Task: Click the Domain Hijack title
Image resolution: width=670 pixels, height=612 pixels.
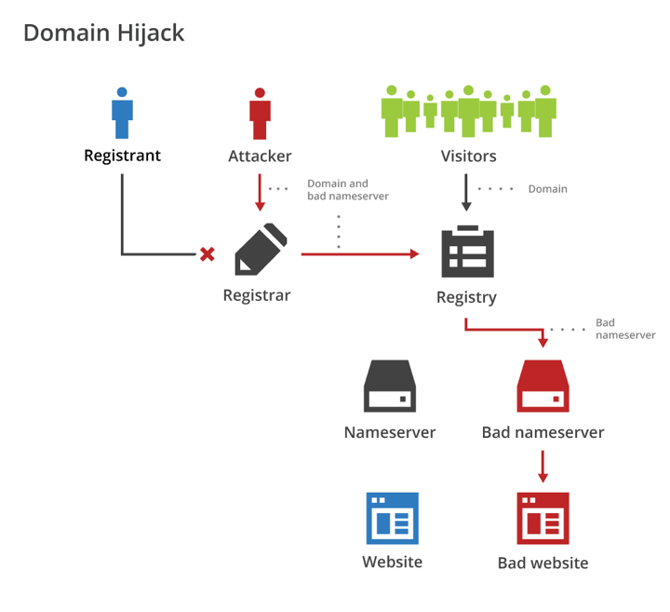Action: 103,33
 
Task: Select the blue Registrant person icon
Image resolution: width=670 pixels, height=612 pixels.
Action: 122,114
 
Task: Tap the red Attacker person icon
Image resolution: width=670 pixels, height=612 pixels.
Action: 260,114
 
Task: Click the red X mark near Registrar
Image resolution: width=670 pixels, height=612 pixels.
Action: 208,253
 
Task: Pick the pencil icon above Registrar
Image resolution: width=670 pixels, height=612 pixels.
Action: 261,249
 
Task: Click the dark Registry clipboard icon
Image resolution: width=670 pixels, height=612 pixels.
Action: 467,252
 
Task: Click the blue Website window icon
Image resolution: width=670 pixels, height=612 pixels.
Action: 392,518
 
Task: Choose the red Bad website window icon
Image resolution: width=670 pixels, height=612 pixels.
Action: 543,518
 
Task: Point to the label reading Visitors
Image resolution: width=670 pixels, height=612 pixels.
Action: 468,156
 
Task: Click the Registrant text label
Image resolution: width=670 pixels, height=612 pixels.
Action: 122,156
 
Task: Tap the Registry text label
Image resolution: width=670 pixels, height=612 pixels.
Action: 466,298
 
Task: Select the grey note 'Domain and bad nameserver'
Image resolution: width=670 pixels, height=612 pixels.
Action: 348,190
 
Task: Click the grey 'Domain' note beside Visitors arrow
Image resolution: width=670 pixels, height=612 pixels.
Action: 547,189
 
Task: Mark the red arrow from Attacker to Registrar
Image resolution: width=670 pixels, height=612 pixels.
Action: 260,193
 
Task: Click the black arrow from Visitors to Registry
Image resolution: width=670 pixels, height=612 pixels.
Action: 466,194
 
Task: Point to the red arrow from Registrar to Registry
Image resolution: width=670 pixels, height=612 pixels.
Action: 359,253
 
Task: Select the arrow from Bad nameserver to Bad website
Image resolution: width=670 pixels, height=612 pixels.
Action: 543,466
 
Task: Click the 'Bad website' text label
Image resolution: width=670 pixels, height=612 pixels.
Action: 543,563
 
